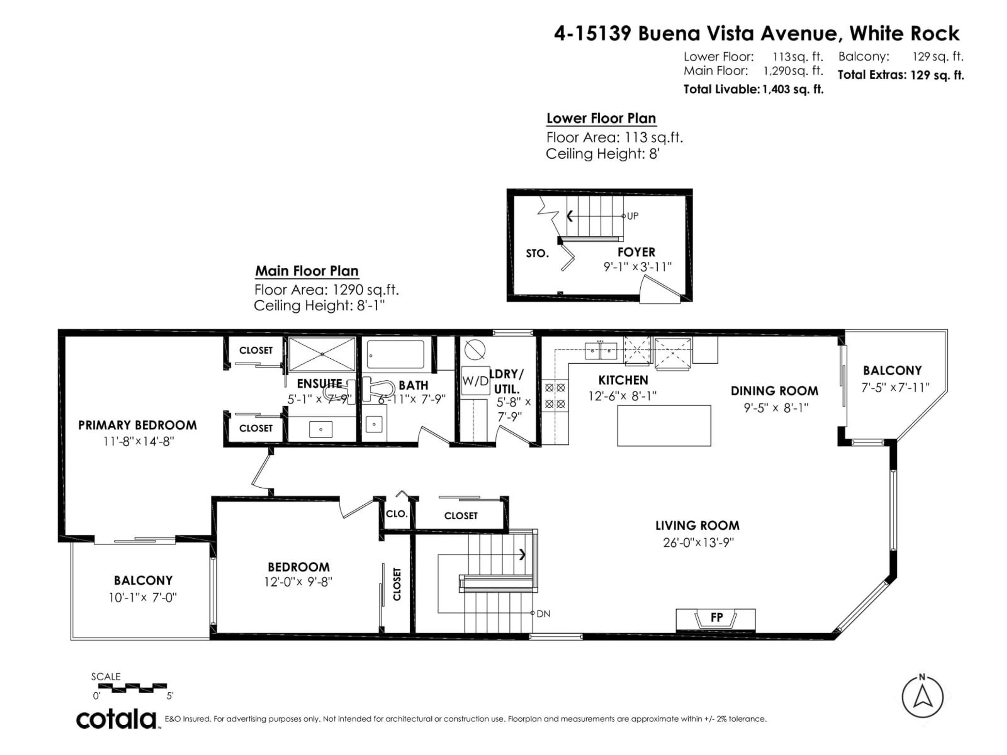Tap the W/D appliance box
click(x=475, y=381)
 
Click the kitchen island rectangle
click(x=664, y=425)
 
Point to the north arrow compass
click(x=922, y=697)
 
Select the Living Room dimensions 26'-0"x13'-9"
click(x=698, y=542)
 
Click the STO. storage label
click(x=537, y=254)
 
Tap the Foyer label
click(x=636, y=252)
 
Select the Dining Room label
click(x=774, y=391)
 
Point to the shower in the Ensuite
click(x=322, y=354)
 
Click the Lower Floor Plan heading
click(x=601, y=118)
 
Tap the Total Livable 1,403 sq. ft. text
click(x=753, y=89)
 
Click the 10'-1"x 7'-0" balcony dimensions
click(x=142, y=597)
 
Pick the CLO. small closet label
click(x=397, y=514)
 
